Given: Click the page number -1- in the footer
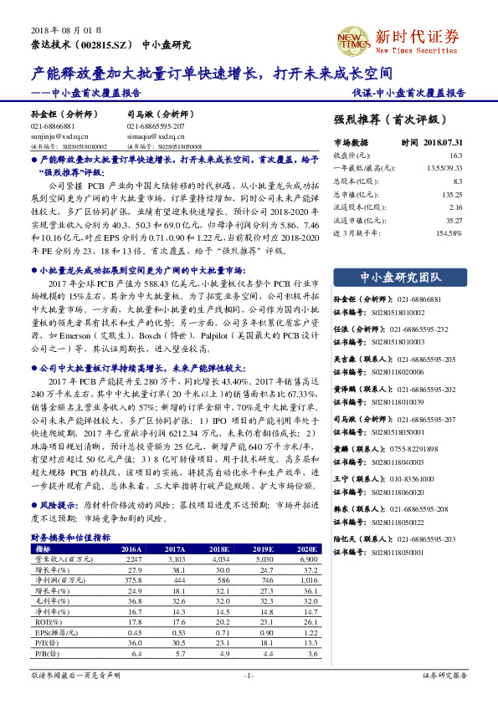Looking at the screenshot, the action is (x=248, y=674).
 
